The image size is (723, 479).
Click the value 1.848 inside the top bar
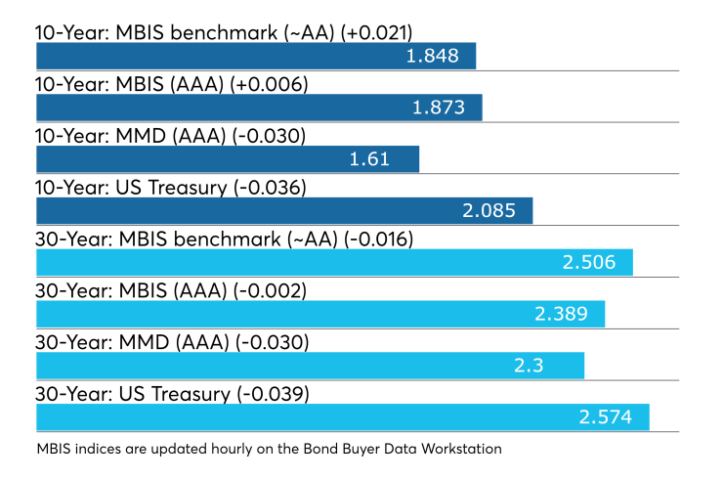(432, 56)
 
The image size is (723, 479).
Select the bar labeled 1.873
(259, 108)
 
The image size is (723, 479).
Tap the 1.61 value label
(369, 159)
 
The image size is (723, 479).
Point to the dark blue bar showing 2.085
(284, 211)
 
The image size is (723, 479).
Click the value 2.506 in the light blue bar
(589, 262)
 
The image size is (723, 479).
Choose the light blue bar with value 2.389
(320, 314)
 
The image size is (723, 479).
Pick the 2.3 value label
(529, 366)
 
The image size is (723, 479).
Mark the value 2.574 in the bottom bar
(606, 417)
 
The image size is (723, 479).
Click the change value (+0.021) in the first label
(376, 33)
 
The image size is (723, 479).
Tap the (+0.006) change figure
(269, 84)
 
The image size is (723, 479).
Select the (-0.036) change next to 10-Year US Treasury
(270, 188)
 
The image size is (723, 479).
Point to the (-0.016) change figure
(377, 239)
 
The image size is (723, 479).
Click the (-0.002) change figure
(270, 291)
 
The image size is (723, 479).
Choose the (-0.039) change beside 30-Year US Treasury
(273, 395)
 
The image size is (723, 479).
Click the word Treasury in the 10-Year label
(188, 189)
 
